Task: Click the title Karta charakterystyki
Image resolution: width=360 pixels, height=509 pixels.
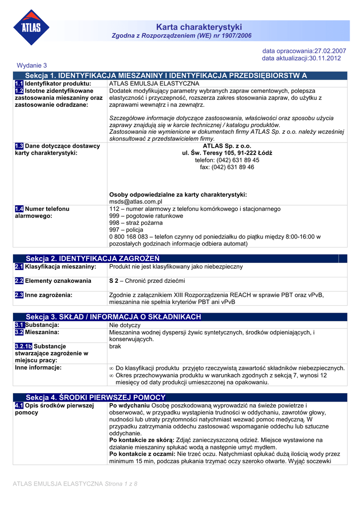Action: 199,27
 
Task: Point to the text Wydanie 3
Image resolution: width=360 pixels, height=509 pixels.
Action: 32,66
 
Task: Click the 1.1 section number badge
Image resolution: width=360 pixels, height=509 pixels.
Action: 19,84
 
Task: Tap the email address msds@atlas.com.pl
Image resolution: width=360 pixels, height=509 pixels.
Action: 136,202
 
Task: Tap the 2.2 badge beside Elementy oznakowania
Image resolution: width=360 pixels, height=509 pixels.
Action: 19,281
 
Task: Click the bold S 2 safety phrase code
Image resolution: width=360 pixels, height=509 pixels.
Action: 114,281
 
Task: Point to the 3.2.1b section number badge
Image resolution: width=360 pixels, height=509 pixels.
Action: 23,346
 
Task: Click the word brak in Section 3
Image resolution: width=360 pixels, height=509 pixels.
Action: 115,346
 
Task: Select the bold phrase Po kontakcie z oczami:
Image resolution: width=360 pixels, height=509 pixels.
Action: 142,454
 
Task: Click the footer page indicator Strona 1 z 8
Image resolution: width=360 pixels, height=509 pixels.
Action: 120,484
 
